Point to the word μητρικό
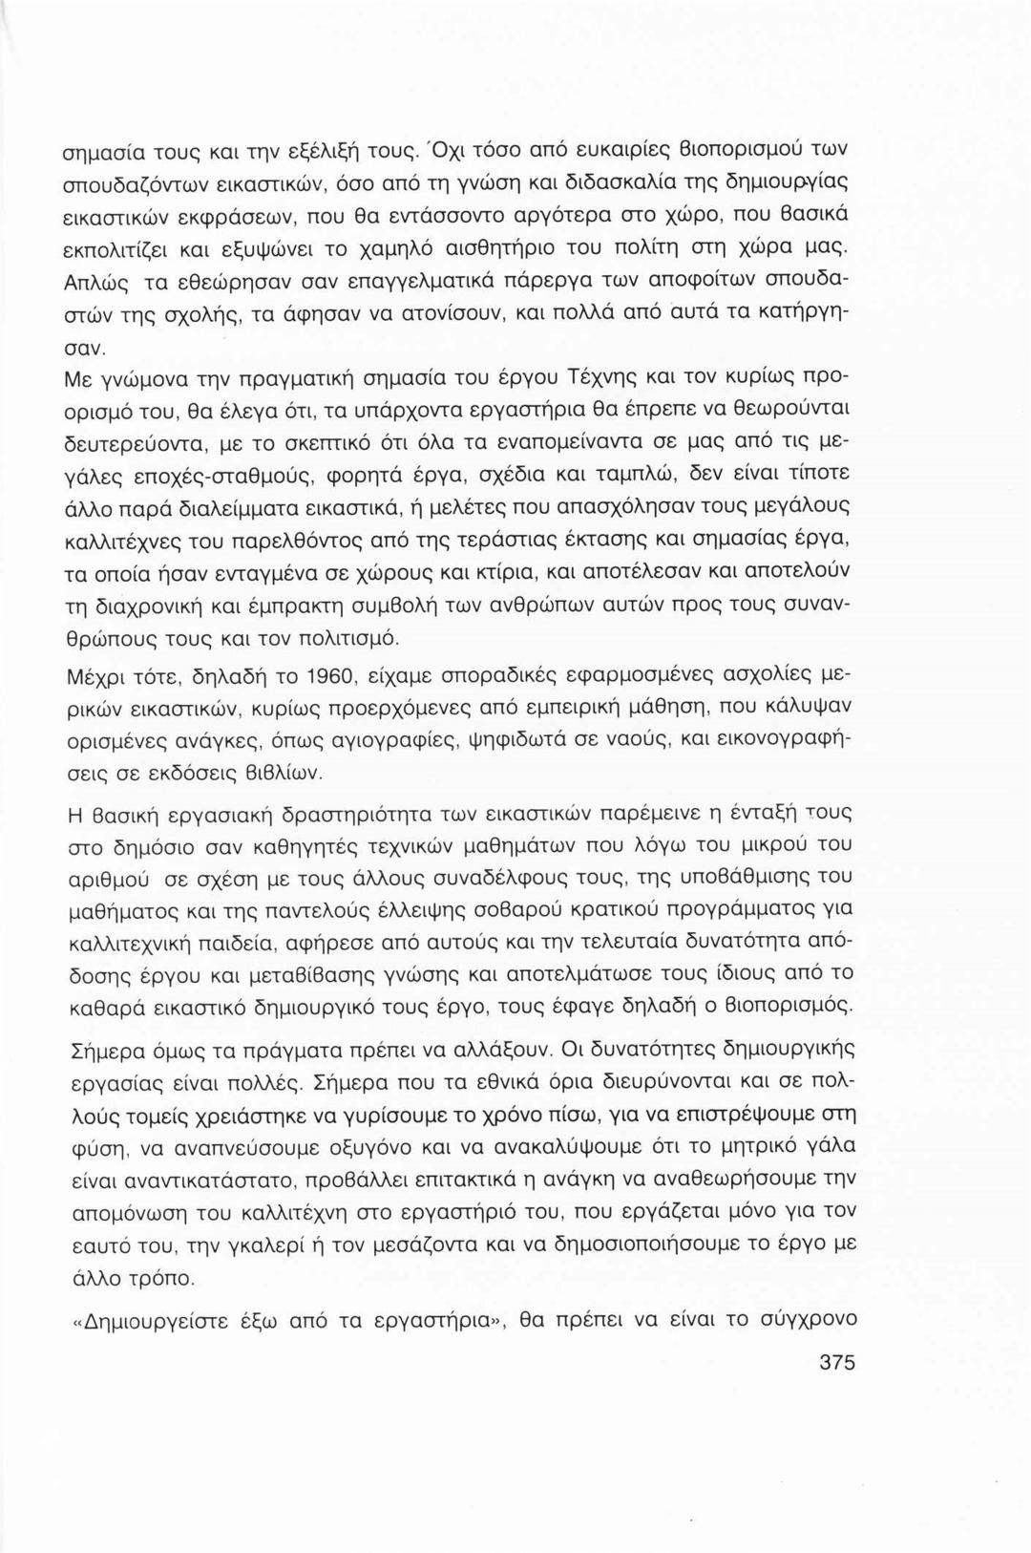[x=759, y=1145]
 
